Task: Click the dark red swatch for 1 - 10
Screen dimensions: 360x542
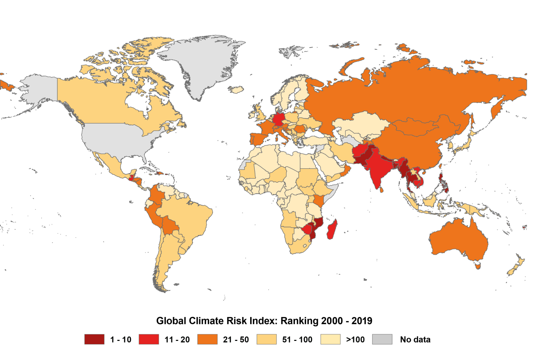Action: coord(94,339)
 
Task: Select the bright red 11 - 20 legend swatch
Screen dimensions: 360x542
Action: coord(149,339)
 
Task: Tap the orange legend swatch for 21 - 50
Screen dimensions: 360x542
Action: coord(207,339)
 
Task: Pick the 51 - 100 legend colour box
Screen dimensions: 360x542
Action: coord(266,339)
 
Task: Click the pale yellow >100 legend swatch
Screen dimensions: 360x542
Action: coord(330,339)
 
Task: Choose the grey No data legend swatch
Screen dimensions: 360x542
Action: coord(382,339)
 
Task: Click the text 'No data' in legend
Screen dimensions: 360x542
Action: coord(415,340)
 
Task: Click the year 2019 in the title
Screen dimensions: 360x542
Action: coord(362,321)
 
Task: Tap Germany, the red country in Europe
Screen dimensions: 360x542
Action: coord(279,119)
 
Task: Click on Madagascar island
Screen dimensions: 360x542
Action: coord(332,229)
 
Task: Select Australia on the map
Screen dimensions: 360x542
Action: coord(459,240)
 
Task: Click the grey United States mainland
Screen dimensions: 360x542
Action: coord(115,139)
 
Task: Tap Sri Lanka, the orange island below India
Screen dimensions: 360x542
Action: coord(381,190)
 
